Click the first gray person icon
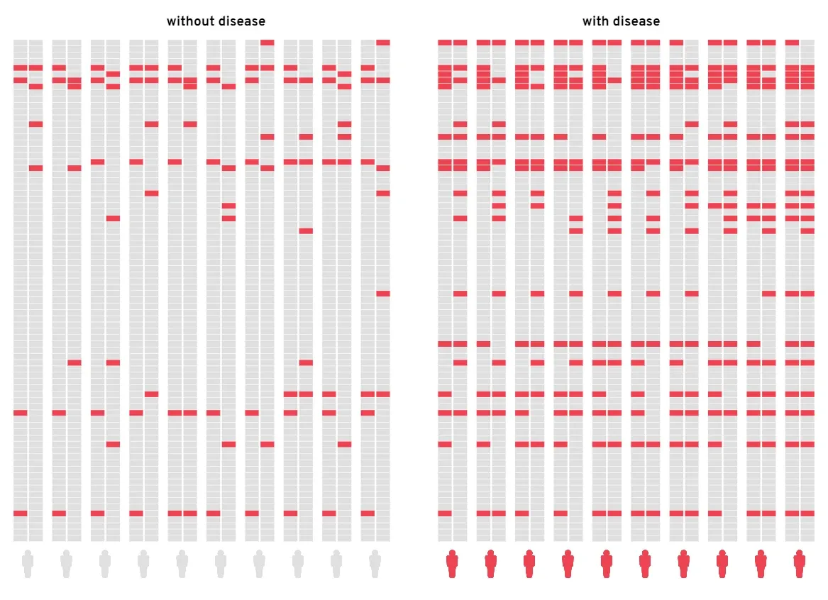28,564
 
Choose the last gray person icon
375,564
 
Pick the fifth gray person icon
182,564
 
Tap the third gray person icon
105,564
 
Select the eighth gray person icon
298,564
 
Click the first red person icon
452,564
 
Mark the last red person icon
800,564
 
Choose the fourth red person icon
568,564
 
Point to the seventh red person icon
684,564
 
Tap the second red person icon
490,564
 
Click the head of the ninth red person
761,554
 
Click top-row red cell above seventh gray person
267,43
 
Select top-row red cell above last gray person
383,43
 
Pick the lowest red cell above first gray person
20,513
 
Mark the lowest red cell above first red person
445,513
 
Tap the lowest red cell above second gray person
59,513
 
